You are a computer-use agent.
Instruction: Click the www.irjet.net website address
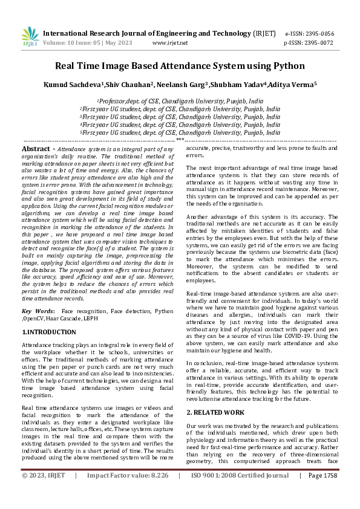170,43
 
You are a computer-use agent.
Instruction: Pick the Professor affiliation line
180,102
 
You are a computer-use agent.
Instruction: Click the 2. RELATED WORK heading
215,412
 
